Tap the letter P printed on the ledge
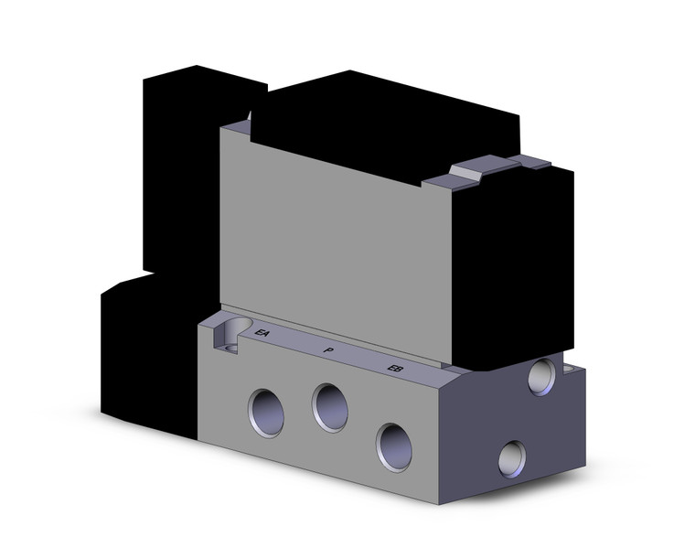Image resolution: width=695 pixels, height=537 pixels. pyautogui.click(x=327, y=350)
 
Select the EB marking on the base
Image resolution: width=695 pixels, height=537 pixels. pyautogui.click(x=395, y=369)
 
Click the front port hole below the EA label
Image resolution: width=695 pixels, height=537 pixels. pyautogui.click(x=265, y=413)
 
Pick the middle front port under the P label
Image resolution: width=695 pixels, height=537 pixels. pyautogui.click(x=330, y=406)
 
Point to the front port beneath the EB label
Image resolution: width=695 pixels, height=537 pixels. pyautogui.click(x=394, y=446)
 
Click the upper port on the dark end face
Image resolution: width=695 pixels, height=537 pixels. pyautogui.click(x=541, y=375)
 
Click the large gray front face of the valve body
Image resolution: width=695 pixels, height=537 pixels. pyautogui.click(x=329, y=238)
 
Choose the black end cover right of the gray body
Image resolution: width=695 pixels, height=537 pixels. pyautogui.click(x=512, y=265)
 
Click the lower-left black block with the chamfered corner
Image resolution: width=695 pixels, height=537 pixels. pyautogui.click(x=146, y=357)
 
